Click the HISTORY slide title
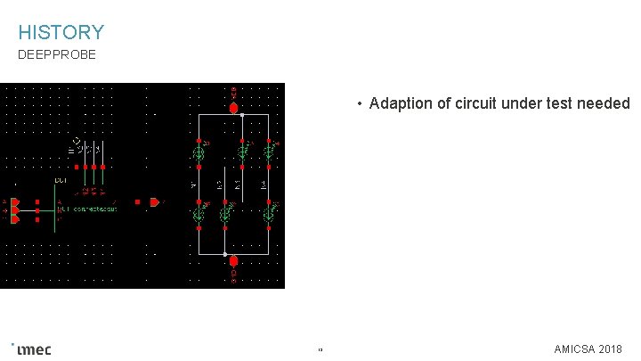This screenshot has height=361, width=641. pos(61,33)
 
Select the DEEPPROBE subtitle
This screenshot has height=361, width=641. pos(57,55)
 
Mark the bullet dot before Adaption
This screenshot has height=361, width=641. pos(359,104)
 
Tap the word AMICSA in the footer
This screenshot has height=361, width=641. pos(575,349)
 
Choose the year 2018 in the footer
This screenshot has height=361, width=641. pos(612,349)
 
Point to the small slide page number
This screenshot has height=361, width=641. pos(320,349)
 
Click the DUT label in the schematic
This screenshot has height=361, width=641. pos(61,181)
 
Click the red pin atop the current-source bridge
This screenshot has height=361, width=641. pos(233,108)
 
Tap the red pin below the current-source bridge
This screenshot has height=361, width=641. pos(233,261)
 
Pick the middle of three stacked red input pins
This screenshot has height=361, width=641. pos(15,210)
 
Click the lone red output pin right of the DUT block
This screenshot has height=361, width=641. pos(153,202)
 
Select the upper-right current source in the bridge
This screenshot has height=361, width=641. pos(268,152)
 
